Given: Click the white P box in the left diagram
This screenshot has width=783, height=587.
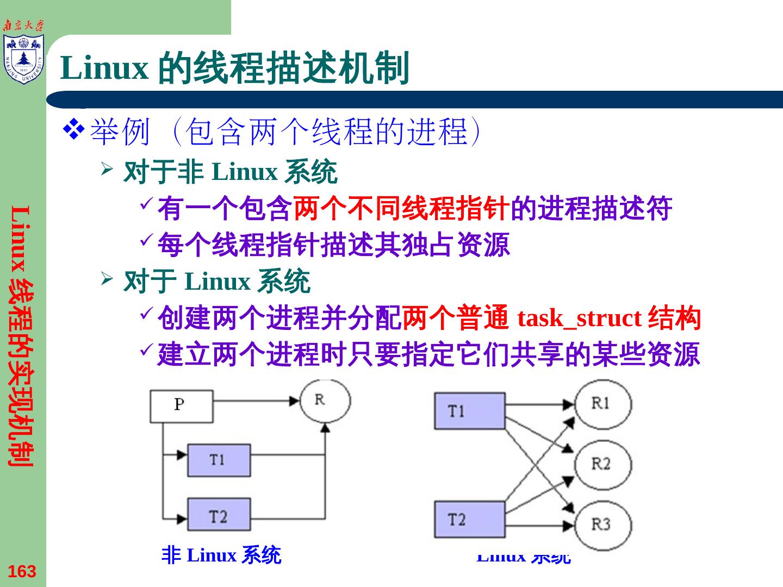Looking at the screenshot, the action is click(181, 406).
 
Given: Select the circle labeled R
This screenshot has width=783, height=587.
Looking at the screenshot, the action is click(325, 401).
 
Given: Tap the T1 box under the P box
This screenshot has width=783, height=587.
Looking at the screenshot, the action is click(219, 460).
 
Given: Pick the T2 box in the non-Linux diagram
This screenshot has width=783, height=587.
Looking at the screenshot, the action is click(219, 514).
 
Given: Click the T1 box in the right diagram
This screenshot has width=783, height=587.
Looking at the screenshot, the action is click(469, 411).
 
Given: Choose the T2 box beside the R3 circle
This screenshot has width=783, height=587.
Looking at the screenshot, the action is click(469, 520).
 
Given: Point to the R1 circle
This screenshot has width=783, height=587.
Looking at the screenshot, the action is click(603, 404).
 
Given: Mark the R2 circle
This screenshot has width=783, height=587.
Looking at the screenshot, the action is click(603, 465).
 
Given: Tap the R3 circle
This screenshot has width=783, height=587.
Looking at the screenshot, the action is click(603, 524).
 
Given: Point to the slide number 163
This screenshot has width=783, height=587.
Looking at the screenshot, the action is click(22, 571).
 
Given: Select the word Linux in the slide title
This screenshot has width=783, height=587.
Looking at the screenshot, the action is click(104, 68).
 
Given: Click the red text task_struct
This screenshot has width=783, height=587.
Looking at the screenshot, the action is click(580, 318).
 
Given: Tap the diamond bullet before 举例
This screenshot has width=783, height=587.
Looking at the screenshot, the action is click(73, 129).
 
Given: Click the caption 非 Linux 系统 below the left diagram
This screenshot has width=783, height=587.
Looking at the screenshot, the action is click(221, 555).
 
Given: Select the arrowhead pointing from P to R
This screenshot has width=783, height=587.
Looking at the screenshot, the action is click(295, 401).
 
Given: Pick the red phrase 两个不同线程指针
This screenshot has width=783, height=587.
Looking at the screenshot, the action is click(402, 209).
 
